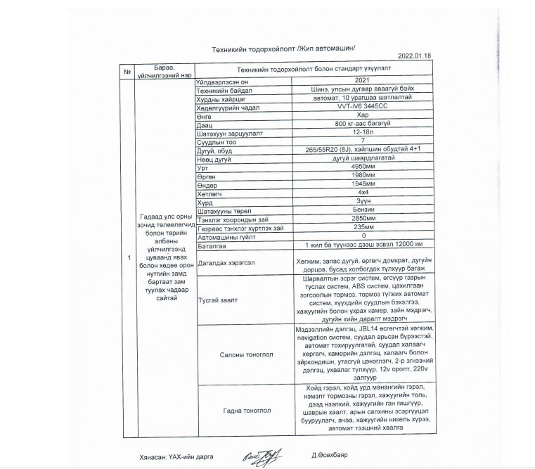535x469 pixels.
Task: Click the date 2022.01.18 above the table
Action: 414,55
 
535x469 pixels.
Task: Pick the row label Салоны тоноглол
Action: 242,354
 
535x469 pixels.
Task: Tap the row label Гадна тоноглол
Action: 242,408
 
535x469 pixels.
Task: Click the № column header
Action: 128,71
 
